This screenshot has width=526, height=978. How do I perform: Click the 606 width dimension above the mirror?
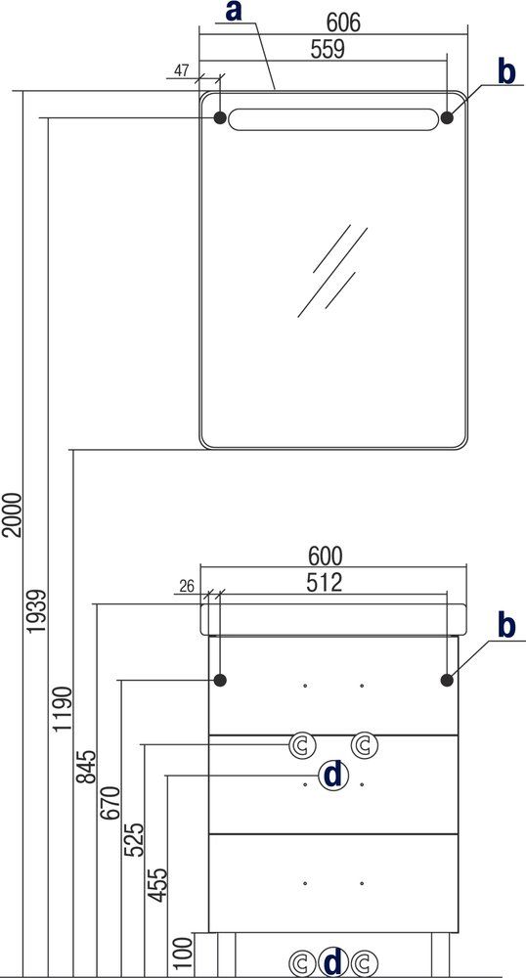point(343,22)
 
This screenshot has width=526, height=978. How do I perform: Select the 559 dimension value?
point(328,49)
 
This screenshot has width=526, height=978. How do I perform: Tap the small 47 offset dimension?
point(181,70)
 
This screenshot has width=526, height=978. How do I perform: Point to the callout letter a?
point(233,11)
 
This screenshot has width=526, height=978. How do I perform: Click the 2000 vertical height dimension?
point(13,515)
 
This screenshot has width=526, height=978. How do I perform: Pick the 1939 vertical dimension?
point(37,611)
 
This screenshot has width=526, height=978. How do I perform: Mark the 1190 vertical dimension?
point(63,710)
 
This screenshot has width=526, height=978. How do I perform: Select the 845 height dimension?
point(87,767)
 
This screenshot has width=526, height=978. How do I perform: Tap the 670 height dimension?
point(110,804)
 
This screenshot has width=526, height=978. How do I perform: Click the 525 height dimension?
point(134,840)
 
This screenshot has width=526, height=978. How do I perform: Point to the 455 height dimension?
point(157,884)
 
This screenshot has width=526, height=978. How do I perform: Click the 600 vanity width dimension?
point(326,556)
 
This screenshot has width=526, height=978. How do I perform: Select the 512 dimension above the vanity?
point(324,583)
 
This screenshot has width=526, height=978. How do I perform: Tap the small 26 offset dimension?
point(187,586)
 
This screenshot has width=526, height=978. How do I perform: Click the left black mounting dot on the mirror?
point(220,117)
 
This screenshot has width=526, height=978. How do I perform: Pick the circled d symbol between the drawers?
point(333,776)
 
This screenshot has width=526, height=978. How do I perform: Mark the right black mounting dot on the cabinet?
point(447,681)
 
